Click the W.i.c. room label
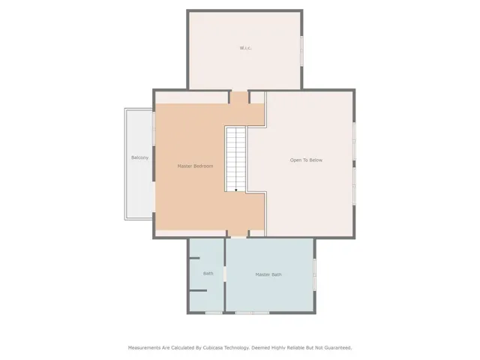pos(245,48)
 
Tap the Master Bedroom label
pos(195,166)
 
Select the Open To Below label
pos(306,160)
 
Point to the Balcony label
pos(140,157)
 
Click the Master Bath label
pos(268,274)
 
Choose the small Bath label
pos(208,273)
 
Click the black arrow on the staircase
pos(236,190)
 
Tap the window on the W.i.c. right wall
pos(301,51)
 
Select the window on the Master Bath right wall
pos(314,275)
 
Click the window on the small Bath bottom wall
pos(214,313)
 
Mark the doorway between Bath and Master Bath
pos(225,274)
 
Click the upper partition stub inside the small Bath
pos(194,258)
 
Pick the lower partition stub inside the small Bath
pos(198,290)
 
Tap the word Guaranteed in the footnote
pos(338,348)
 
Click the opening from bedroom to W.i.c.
pos(239,97)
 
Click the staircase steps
pos(236,159)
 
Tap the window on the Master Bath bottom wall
pos(252,313)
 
